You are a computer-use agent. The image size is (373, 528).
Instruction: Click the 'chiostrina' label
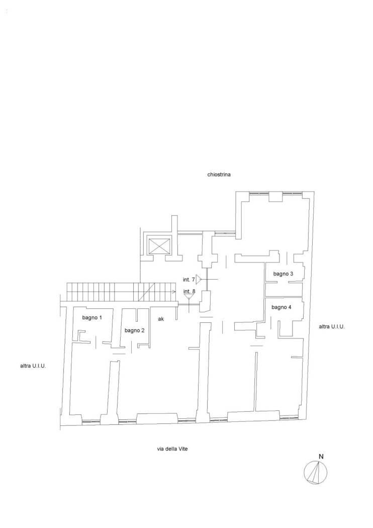tap(219, 175)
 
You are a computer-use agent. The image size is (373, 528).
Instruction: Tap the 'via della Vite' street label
tap(172, 449)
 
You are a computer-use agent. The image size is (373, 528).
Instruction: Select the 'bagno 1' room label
tap(92, 317)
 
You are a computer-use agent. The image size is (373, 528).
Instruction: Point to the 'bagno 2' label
tap(134, 331)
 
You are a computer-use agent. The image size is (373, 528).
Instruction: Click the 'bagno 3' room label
tap(283, 274)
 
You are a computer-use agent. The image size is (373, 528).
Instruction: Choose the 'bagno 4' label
tap(282, 307)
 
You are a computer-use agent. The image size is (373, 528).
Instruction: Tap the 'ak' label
tap(161, 319)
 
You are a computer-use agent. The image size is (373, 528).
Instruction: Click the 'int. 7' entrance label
tap(189, 280)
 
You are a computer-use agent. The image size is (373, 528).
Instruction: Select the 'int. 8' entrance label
tap(189, 291)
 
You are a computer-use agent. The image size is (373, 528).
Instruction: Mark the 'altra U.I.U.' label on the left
tap(33, 366)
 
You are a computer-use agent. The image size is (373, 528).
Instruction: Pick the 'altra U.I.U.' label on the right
tap(332, 326)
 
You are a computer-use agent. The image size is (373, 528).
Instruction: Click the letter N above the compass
tap(321, 457)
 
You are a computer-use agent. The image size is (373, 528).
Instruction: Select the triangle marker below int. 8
tap(189, 296)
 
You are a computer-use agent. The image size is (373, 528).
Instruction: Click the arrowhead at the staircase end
tap(174, 292)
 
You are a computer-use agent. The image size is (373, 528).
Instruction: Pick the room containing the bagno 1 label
tap(91, 325)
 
